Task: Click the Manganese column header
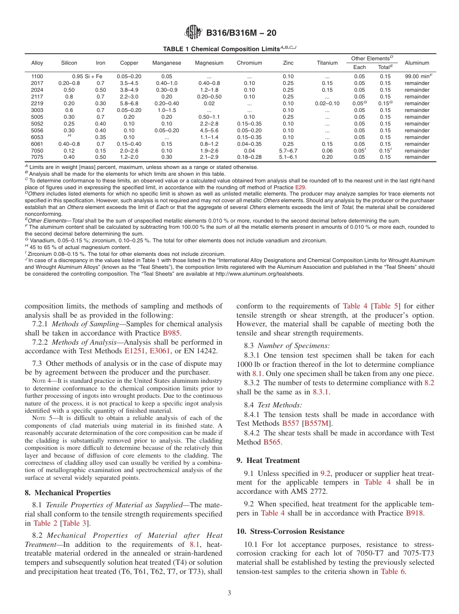167,63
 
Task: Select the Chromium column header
249,63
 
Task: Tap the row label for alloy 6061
37,144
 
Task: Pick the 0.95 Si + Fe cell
87,76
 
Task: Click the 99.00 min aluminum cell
418,76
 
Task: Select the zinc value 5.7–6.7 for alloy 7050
288,151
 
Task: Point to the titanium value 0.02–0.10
327,103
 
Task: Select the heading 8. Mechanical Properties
68,493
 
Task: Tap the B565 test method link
272,442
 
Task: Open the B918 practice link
415,513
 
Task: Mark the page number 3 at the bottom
229,593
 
